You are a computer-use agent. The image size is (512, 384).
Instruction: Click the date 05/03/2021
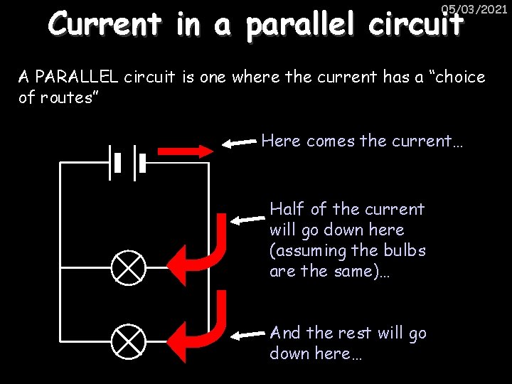(x=474, y=9)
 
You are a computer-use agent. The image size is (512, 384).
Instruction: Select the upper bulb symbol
(x=129, y=268)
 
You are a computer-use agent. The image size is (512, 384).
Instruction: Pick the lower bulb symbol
(x=129, y=341)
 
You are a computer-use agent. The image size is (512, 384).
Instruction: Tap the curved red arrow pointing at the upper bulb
(x=206, y=249)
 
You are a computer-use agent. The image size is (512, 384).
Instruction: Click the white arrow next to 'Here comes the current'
(x=239, y=143)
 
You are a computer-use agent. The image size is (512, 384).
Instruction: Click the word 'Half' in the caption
(x=287, y=209)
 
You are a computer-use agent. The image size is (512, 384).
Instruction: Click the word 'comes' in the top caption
(x=332, y=141)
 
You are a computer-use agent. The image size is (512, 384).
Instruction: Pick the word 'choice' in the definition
(x=459, y=77)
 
